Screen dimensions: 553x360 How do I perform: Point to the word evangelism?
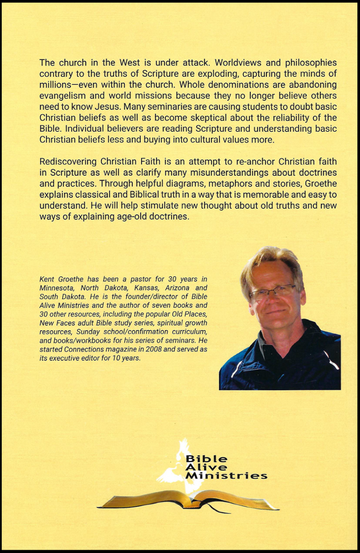pyautogui.click(x=63, y=96)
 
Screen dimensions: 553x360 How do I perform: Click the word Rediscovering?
pyautogui.click(x=68, y=162)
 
